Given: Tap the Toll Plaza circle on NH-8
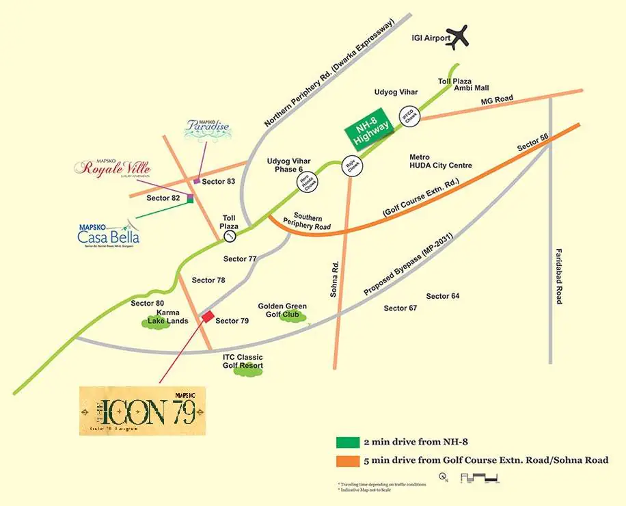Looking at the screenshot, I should [230, 236].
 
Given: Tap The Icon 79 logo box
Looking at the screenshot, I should [142, 411].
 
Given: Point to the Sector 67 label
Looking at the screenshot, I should [400, 308].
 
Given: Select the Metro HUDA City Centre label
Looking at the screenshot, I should [440, 161].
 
